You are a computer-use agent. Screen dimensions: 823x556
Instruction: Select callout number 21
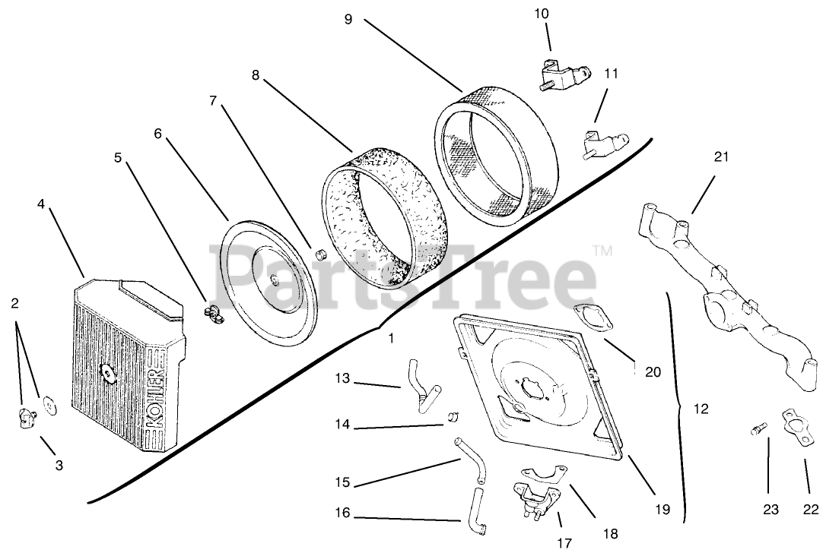tap(721, 157)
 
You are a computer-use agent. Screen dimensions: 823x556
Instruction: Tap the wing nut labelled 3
tap(29, 416)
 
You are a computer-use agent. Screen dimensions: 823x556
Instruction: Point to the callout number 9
tap(348, 19)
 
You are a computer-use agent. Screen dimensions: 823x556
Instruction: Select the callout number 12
tap(701, 409)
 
